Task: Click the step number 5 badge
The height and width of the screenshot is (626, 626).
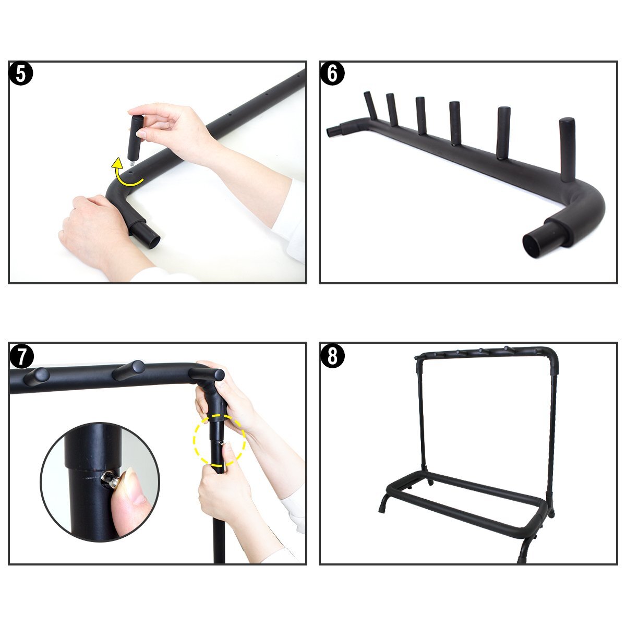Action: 21,74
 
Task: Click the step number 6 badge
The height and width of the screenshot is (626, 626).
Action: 332,74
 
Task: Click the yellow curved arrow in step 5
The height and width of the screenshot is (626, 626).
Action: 125,175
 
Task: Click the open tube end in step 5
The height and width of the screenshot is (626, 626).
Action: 149,239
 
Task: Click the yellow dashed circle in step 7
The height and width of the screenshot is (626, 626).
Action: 219,441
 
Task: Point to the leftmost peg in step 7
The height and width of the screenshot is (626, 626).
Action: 37,375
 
